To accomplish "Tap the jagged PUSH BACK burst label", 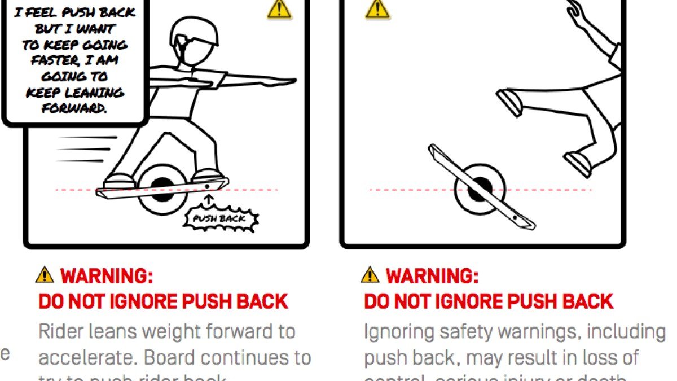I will click(220, 218).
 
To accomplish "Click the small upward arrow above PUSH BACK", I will click(210, 199).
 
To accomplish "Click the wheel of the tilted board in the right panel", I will click(480, 189).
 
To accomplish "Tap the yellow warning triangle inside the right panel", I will click(377, 9).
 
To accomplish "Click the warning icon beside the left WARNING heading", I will click(45, 275).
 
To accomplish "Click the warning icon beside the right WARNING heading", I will click(370, 275).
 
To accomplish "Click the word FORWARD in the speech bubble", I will click(74, 108).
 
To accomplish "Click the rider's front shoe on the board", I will click(207, 176).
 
